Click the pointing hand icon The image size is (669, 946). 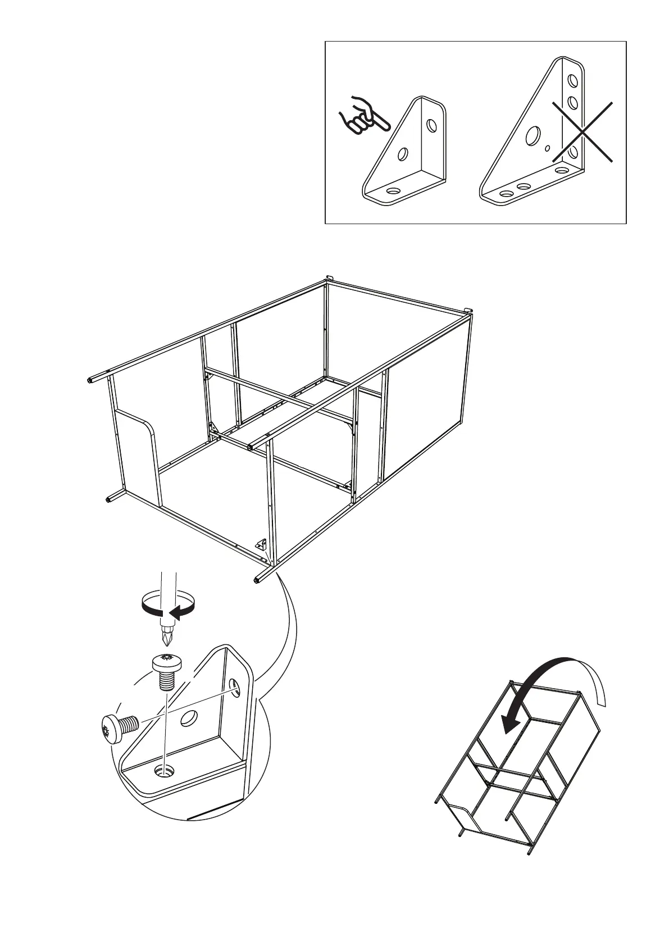point(361,116)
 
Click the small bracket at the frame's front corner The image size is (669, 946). point(261,544)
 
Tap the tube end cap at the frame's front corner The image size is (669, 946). point(257,581)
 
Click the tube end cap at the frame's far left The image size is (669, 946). point(90,380)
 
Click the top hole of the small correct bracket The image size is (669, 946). point(432,125)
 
